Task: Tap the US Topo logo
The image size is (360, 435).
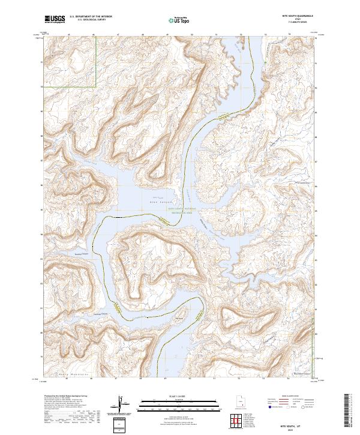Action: pos(178,20)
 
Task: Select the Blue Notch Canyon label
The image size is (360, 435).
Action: pos(304,373)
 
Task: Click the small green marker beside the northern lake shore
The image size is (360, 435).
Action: pos(265,61)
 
